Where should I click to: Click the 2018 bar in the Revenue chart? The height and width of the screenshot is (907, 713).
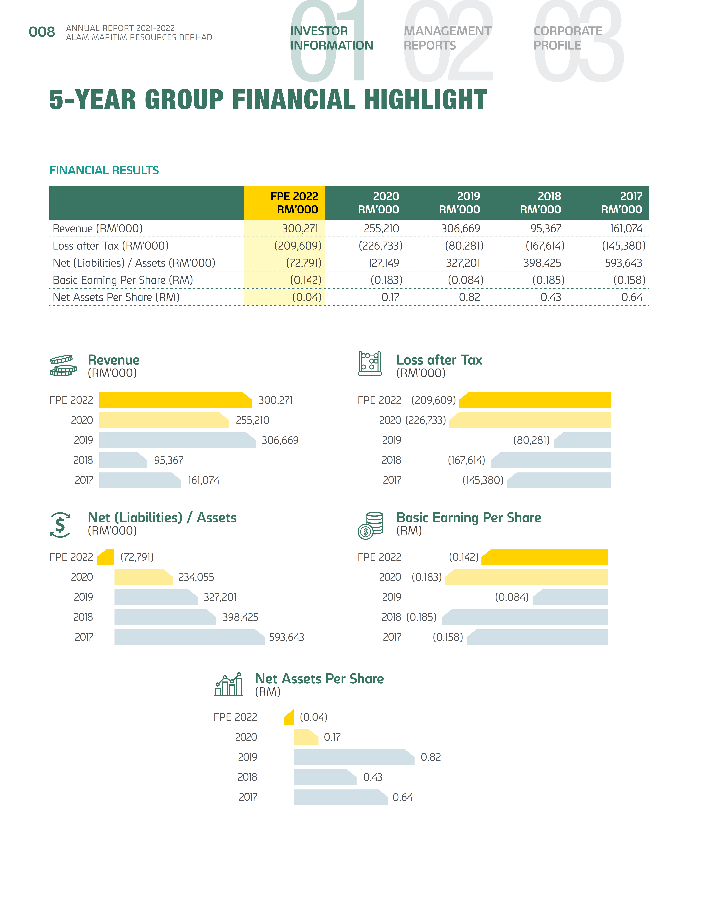coord(123,460)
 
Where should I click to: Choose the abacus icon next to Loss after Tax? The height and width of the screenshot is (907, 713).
coord(370,364)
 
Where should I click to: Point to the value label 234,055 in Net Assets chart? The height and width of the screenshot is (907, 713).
coord(196,577)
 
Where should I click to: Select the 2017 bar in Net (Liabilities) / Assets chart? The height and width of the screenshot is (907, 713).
coord(189,637)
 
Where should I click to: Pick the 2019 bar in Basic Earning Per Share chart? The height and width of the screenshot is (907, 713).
coord(570,597)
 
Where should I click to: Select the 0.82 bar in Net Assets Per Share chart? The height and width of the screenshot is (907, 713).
coord(354,757)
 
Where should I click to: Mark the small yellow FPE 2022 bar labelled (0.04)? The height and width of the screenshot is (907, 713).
coord(289,717)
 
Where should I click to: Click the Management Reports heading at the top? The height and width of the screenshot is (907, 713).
coord(447,38)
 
